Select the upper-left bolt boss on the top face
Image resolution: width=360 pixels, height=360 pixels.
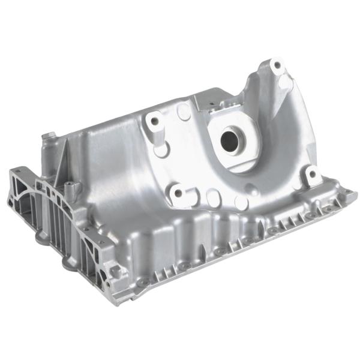155,120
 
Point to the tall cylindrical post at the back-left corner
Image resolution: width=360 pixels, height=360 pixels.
45,144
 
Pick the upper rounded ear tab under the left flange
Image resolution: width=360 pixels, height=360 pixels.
41,236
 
